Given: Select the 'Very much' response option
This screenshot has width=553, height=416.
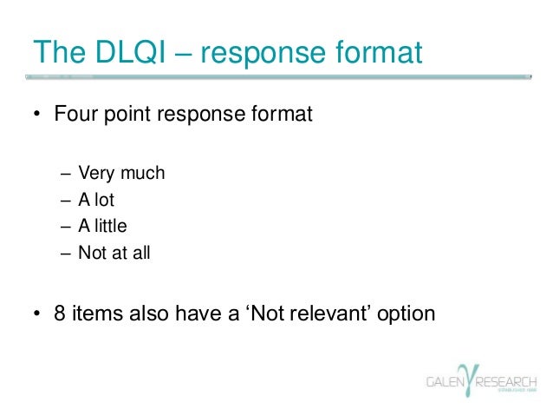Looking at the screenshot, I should click(x=120, y=174).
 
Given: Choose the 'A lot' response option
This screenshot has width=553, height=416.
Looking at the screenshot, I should click(x=96, y=200).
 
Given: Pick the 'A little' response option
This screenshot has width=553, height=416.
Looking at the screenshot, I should click(x=102, y=227).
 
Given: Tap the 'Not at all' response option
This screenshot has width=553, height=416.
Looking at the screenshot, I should click(x=107, y=254).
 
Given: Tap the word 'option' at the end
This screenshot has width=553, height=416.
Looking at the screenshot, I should click(x=406, y=314).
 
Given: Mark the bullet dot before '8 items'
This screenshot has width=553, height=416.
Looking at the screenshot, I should click(x=37, y=314).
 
